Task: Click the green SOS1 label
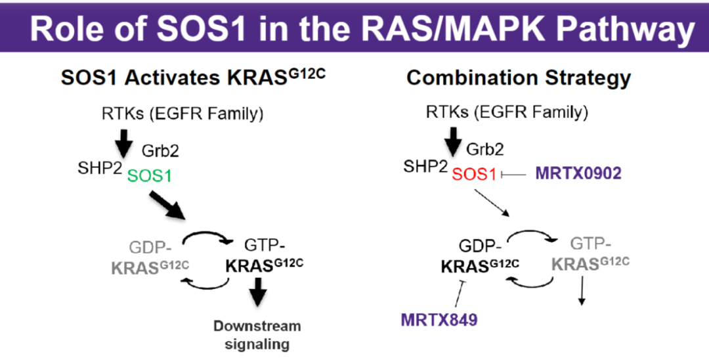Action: tap(150, 176)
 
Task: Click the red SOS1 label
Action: tap(475, 174)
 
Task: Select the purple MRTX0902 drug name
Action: tap(578, 173)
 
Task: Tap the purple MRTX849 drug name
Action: tap(439, 320)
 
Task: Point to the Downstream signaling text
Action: tap(257, 335)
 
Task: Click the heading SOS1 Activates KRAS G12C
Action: tap(193, 78)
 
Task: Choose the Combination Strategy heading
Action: tap(519, 78)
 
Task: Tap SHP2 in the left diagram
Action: tap(100, 168)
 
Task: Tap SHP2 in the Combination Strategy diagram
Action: tap(425, 168)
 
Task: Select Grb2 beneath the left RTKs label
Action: tap(160, 151)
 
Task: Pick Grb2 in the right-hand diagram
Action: tap(484, 148)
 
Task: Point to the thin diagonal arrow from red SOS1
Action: tap(492, 203)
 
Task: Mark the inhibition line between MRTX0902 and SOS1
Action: tap(513, 174)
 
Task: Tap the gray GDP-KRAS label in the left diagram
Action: tap(150, 258)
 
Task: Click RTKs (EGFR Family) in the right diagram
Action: tap(507, 112)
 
